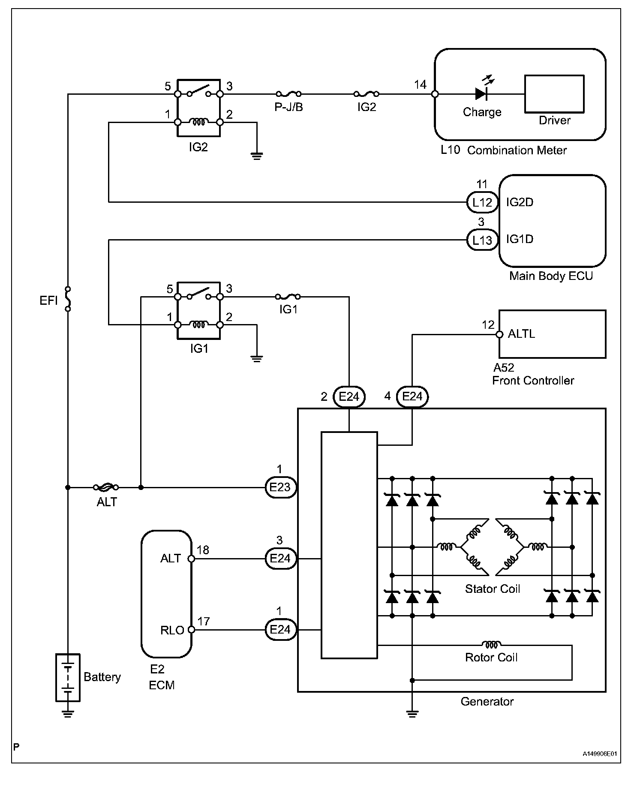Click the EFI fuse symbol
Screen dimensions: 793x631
click(x=68, y=298)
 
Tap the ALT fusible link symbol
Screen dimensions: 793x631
click(x=106, y=487)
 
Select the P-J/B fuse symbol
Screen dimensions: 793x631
click(x=288, y=93)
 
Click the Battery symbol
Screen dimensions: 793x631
click(x=68, y=677)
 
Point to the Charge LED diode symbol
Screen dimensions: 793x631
click(x=481, y=93)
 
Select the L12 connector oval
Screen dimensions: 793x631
click(x=482, y=202)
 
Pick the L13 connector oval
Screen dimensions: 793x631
click(x=482, y=240)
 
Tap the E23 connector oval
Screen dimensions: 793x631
click(x=280, y=487)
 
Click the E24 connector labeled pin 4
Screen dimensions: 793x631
click(x=412, y=396)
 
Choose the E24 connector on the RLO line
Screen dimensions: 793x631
click(x=280, y=630)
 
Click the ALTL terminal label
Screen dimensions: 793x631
click(x=521, y=334)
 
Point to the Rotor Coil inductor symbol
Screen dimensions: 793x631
click(x=491, y=644)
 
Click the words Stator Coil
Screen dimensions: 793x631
click(x=492, y=589)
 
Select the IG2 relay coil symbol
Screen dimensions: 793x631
click(x=198, y=122)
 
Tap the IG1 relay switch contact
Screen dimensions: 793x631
click(x=198, y=294)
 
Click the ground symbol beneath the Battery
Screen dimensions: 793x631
click(x=68, y=714)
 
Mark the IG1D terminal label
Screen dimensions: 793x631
click(x=520, y=239)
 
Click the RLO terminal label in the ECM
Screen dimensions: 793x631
click(x=172, y=630)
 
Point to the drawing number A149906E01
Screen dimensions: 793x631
click(x=600, y=754)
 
